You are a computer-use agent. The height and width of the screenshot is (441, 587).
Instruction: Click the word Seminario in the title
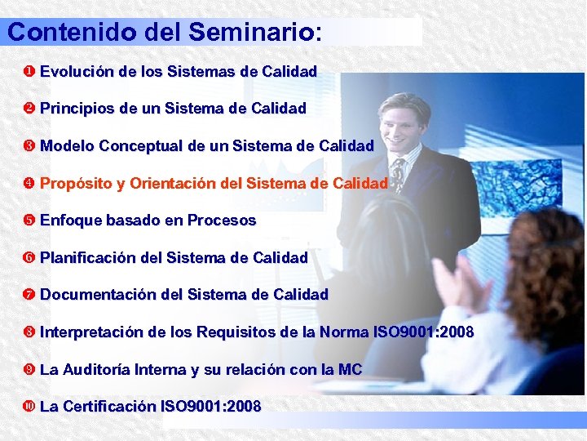254,32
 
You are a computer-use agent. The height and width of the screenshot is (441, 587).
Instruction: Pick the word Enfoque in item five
70,220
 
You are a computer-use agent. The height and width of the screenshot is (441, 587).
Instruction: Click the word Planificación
89,258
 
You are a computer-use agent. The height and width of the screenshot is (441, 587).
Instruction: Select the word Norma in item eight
343,332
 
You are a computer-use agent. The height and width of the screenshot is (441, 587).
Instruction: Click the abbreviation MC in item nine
350,369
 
